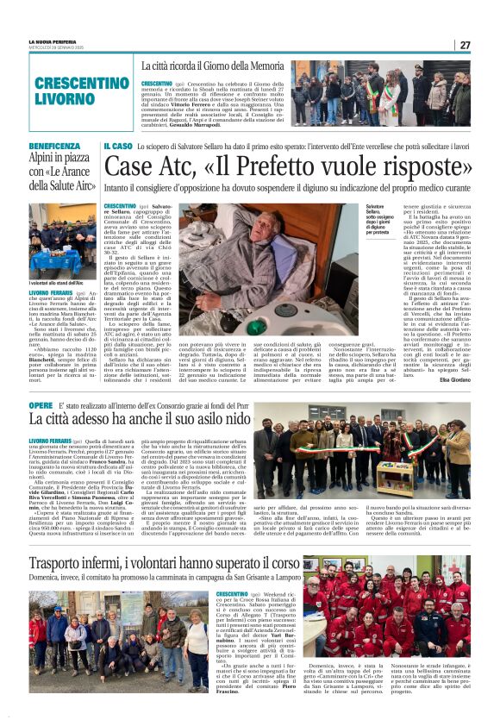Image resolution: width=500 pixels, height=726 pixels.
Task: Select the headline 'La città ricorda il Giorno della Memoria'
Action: pos(213,66)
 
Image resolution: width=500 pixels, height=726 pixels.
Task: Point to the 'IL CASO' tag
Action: pos(118,147)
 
